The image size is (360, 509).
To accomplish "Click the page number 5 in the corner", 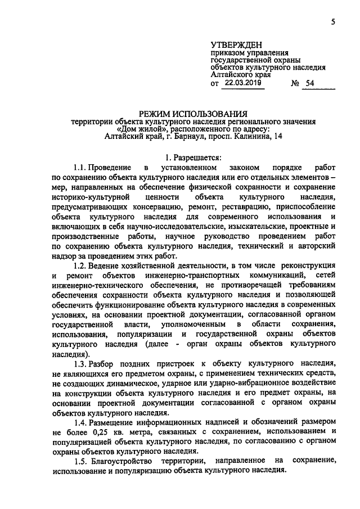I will [x=332, y=22].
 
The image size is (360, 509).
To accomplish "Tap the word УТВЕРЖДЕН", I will [x=236, y=44].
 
